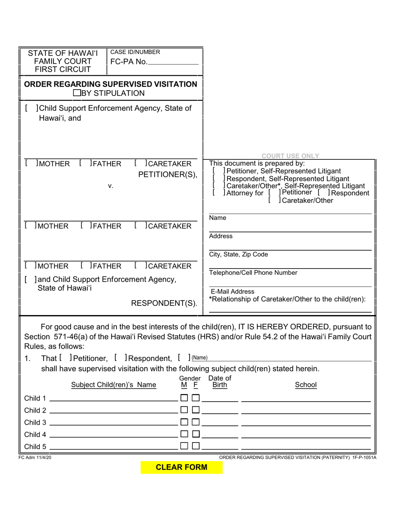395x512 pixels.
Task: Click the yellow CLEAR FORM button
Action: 181,467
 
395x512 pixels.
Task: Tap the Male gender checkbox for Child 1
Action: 184,398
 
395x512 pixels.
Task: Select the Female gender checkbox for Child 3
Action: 195,422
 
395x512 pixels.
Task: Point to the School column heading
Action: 306,385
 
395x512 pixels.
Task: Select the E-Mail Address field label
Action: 232,291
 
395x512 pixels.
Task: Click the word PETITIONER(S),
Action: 168,174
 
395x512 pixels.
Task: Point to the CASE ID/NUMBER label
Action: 135,52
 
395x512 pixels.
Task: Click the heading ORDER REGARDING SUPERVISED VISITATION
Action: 111,84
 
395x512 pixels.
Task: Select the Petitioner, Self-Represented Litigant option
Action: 281,171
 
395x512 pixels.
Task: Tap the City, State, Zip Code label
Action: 238,254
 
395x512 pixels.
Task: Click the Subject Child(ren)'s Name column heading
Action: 114,385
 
